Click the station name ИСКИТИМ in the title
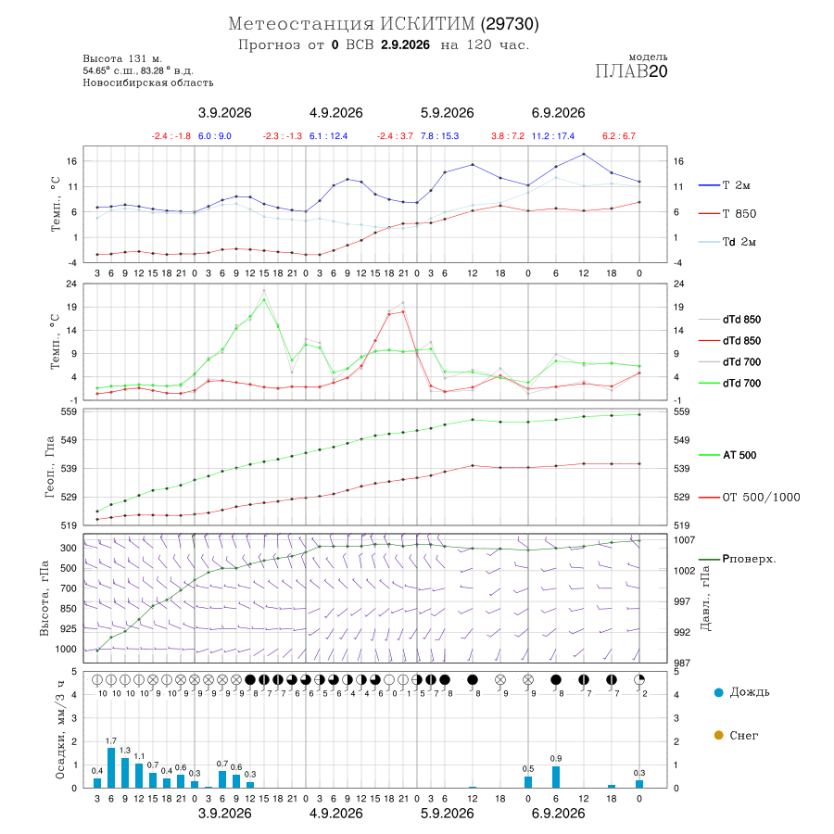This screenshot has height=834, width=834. tap(427, 24)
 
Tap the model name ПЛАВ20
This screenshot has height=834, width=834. tap(631, 71)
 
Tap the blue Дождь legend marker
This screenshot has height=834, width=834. tap(718, 692)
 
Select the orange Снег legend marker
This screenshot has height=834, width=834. tap(718, 735)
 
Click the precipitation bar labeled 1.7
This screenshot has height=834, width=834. tap(111, 768)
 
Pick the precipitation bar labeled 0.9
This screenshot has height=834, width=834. tap(556, 777)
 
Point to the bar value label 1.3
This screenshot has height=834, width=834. tap(125, 751)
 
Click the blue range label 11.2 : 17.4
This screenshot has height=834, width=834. tap(553, 136)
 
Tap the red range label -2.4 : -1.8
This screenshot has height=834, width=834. tap(171, 136)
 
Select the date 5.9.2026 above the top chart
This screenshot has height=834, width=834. tap(447, 113)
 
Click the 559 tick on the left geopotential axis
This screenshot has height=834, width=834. tap(69, 411)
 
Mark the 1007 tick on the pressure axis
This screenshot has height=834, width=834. tap(684, 540)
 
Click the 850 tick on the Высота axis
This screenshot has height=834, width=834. tap(68, 609)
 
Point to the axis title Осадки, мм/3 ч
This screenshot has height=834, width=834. tap(60, 730)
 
